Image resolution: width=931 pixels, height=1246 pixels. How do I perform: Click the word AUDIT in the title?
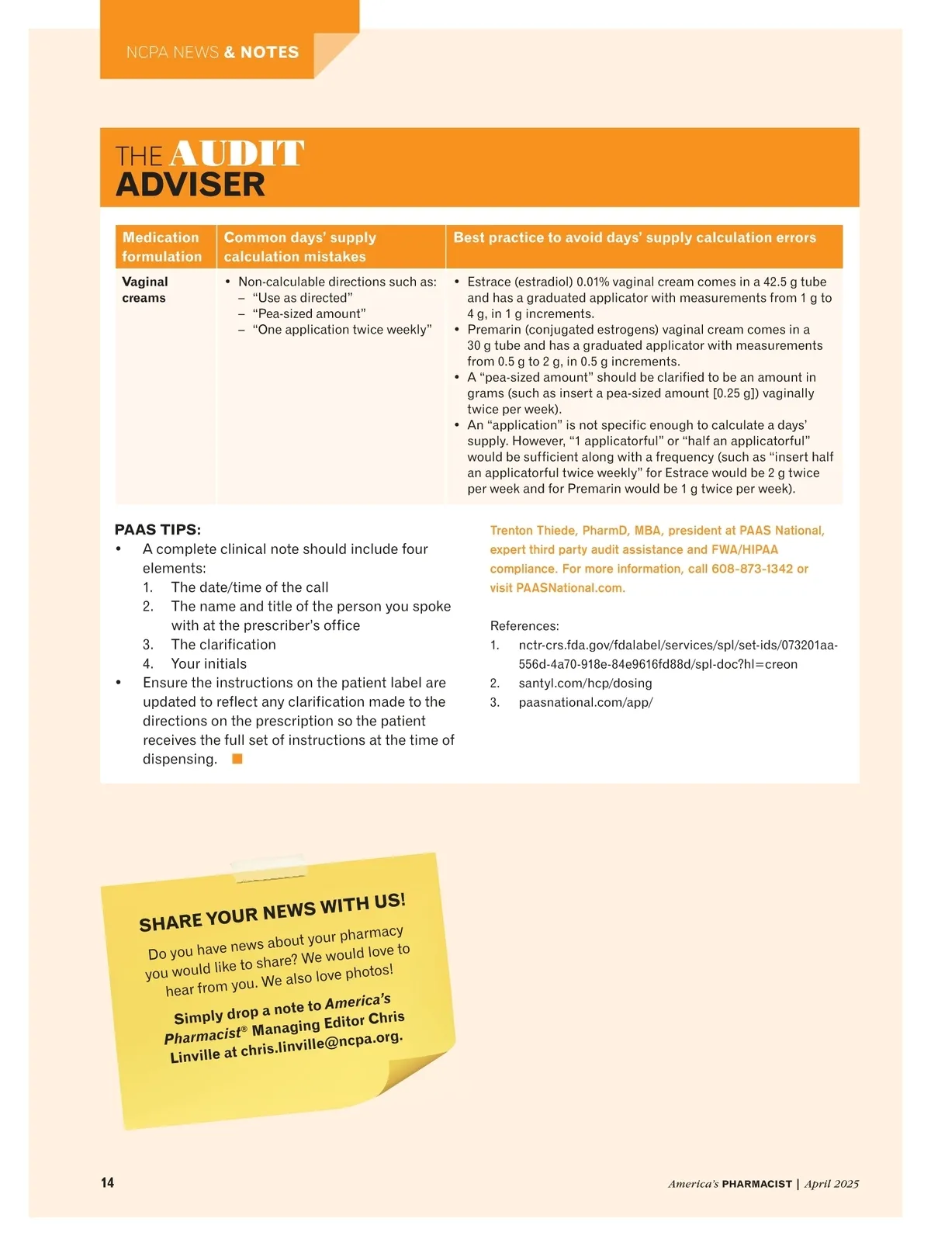pos(237,154)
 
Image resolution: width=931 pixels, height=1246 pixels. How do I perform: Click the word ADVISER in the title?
pos(190,185)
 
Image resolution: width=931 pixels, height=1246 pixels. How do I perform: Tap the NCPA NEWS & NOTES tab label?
pos(213,53)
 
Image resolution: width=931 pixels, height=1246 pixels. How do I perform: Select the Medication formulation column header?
pos(161,247)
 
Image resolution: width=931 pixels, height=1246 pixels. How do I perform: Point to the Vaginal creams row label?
pos(145,289)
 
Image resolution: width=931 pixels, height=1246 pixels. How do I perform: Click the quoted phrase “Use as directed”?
pos(303,298)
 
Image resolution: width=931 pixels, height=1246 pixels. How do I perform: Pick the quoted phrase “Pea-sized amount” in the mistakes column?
pos(309,313)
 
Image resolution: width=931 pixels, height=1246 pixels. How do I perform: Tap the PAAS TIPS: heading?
pos(157,530)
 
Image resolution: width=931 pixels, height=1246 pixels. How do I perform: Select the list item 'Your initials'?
pos(209,663)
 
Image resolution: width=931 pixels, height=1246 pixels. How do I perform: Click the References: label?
pos(524,626)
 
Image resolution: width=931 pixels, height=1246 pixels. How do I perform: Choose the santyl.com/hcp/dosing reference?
pos(585,684)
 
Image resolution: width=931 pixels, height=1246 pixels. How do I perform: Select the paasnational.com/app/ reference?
pos(586,702)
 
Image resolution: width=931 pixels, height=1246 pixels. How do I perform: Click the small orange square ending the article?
pos(237,759)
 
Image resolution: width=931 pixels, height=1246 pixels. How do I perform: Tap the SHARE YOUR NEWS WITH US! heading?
pos(272,912)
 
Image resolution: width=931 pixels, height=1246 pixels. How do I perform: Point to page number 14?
pos(107,1182)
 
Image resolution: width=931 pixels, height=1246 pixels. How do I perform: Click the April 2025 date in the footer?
pos(832,1184)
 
